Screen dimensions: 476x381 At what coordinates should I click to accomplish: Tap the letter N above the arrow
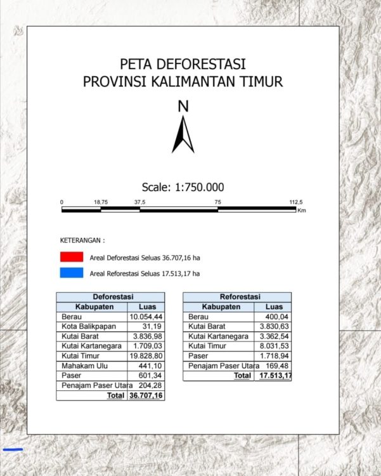pos(183,107)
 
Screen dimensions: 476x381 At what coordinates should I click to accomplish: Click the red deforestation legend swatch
pos(72,257)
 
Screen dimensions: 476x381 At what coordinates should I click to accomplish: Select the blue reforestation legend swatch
pos(72,274)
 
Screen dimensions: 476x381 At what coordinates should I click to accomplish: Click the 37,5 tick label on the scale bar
pos(139,202)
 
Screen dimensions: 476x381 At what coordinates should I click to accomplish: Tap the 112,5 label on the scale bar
pos(297,202)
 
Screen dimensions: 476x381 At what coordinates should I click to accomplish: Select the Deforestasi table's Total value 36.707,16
pos(146,395)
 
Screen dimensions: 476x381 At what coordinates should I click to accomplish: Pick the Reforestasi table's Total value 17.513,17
pos(273,376)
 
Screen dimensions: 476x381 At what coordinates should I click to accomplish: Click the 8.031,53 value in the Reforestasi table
pos(273,346)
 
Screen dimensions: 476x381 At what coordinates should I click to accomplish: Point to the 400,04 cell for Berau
pos(277,316)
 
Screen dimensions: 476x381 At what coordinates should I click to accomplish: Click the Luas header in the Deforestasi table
pos(146,307)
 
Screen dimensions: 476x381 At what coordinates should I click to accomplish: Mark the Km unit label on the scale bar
pos(301,211)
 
